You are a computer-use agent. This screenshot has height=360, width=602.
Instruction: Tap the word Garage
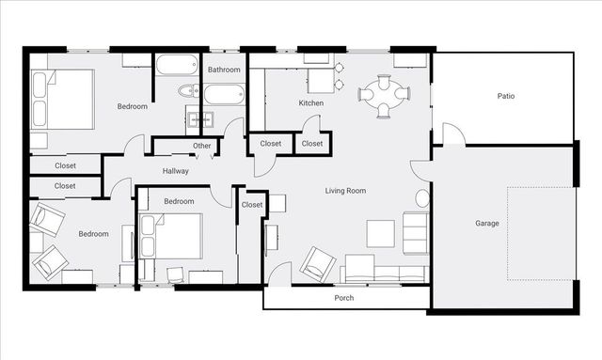[x=486, y=224]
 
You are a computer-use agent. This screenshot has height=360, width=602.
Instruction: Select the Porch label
[x=344, y=299]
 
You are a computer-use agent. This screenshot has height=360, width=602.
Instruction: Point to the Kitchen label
[x=311, y=102]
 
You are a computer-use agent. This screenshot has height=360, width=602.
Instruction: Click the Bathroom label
[x=224, y=70]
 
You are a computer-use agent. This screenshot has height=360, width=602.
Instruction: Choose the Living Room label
[x=345, y=191]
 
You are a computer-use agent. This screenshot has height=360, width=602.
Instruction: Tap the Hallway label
[x=176, y=171]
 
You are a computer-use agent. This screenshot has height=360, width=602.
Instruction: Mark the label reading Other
[x=202, y=146]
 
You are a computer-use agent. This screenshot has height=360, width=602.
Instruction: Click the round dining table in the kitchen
[x=386, y=94]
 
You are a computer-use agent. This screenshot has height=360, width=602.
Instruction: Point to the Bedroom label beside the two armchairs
[x=94, y=233]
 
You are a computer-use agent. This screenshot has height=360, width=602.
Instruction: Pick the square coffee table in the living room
[x=381, y=231]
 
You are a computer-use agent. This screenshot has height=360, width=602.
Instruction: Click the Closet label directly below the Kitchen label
[x=312, y=144]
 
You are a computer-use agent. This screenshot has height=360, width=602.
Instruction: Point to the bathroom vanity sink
[x=200, y=119]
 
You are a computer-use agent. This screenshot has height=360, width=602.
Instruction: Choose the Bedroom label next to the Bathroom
[x=132, y=106]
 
